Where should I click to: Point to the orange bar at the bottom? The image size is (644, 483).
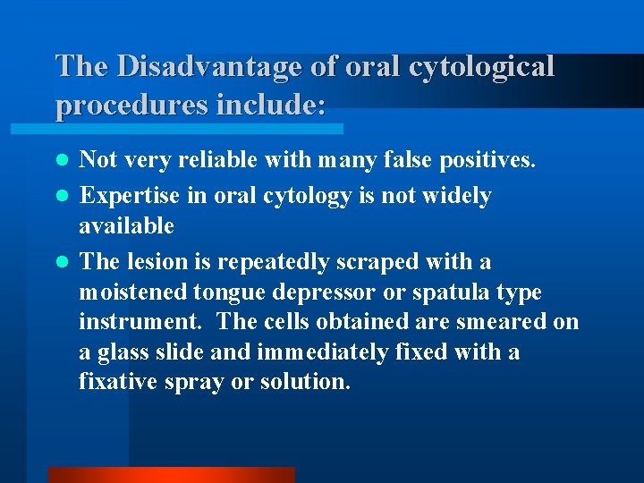click(x=171, y=475)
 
